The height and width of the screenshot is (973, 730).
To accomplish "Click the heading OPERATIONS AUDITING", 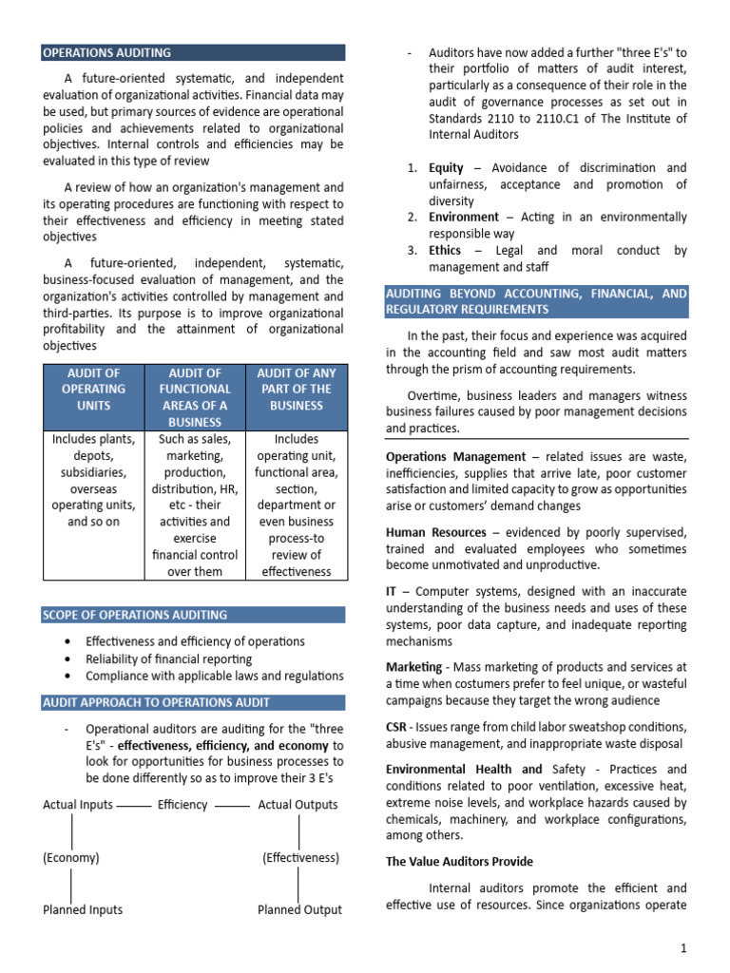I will (x=107, y=53).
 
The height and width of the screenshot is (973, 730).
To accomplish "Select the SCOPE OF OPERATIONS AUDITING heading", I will (x=134, y=615).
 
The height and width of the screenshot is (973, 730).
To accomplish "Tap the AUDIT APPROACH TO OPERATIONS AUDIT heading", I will (x=157, y=702).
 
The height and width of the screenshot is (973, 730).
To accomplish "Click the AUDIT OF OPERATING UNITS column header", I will (x=93, y=389).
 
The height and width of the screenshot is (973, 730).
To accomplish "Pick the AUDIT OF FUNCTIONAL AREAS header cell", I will (x=195, y=397).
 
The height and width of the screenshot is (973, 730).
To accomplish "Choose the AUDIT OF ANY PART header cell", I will (x=296, y=389).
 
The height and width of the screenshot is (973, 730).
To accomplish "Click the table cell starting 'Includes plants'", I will (x=93, y=480).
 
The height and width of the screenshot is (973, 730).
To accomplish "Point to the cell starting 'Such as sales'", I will (x=195, y=505).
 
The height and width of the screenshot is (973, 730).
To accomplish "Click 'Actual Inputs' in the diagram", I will (x=78, y=805).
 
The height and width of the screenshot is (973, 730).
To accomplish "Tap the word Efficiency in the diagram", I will (x=182, y=805).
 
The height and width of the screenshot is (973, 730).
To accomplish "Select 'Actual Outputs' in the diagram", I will (x=298, y=805).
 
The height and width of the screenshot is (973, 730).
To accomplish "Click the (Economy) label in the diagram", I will (x=71, y=857).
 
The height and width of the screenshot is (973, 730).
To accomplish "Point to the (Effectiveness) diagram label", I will (x=300, y=857).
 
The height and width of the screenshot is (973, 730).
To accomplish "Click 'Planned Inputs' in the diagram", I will (x=83, y=909).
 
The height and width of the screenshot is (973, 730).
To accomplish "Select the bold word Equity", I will (x=447, y=167).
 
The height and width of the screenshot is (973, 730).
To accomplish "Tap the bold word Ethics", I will (x=446, y=251).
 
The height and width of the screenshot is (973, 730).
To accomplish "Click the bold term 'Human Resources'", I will (x=436, y=532).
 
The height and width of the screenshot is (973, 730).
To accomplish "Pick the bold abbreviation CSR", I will (x=396, y=727).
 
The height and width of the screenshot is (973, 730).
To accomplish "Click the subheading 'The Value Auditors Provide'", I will (x=459, y=862).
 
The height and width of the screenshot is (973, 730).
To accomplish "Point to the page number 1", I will (x=682, y=948).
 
